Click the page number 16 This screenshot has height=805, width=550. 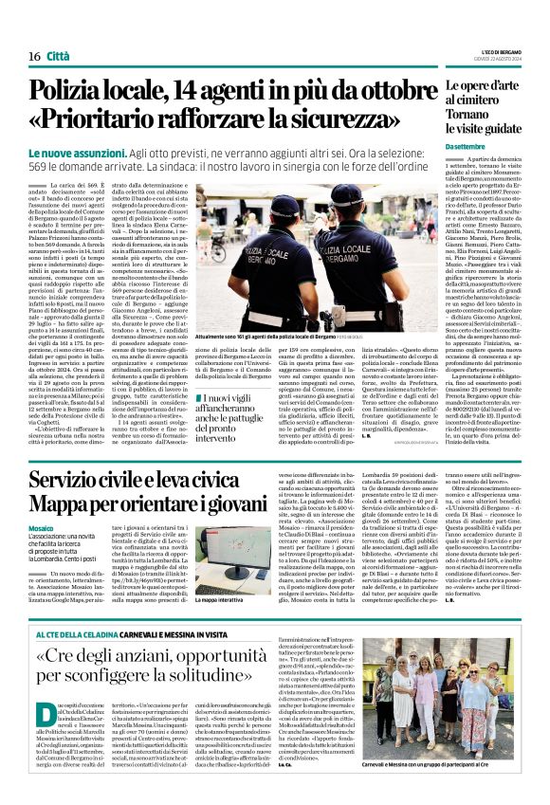(x=33, y=56)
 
